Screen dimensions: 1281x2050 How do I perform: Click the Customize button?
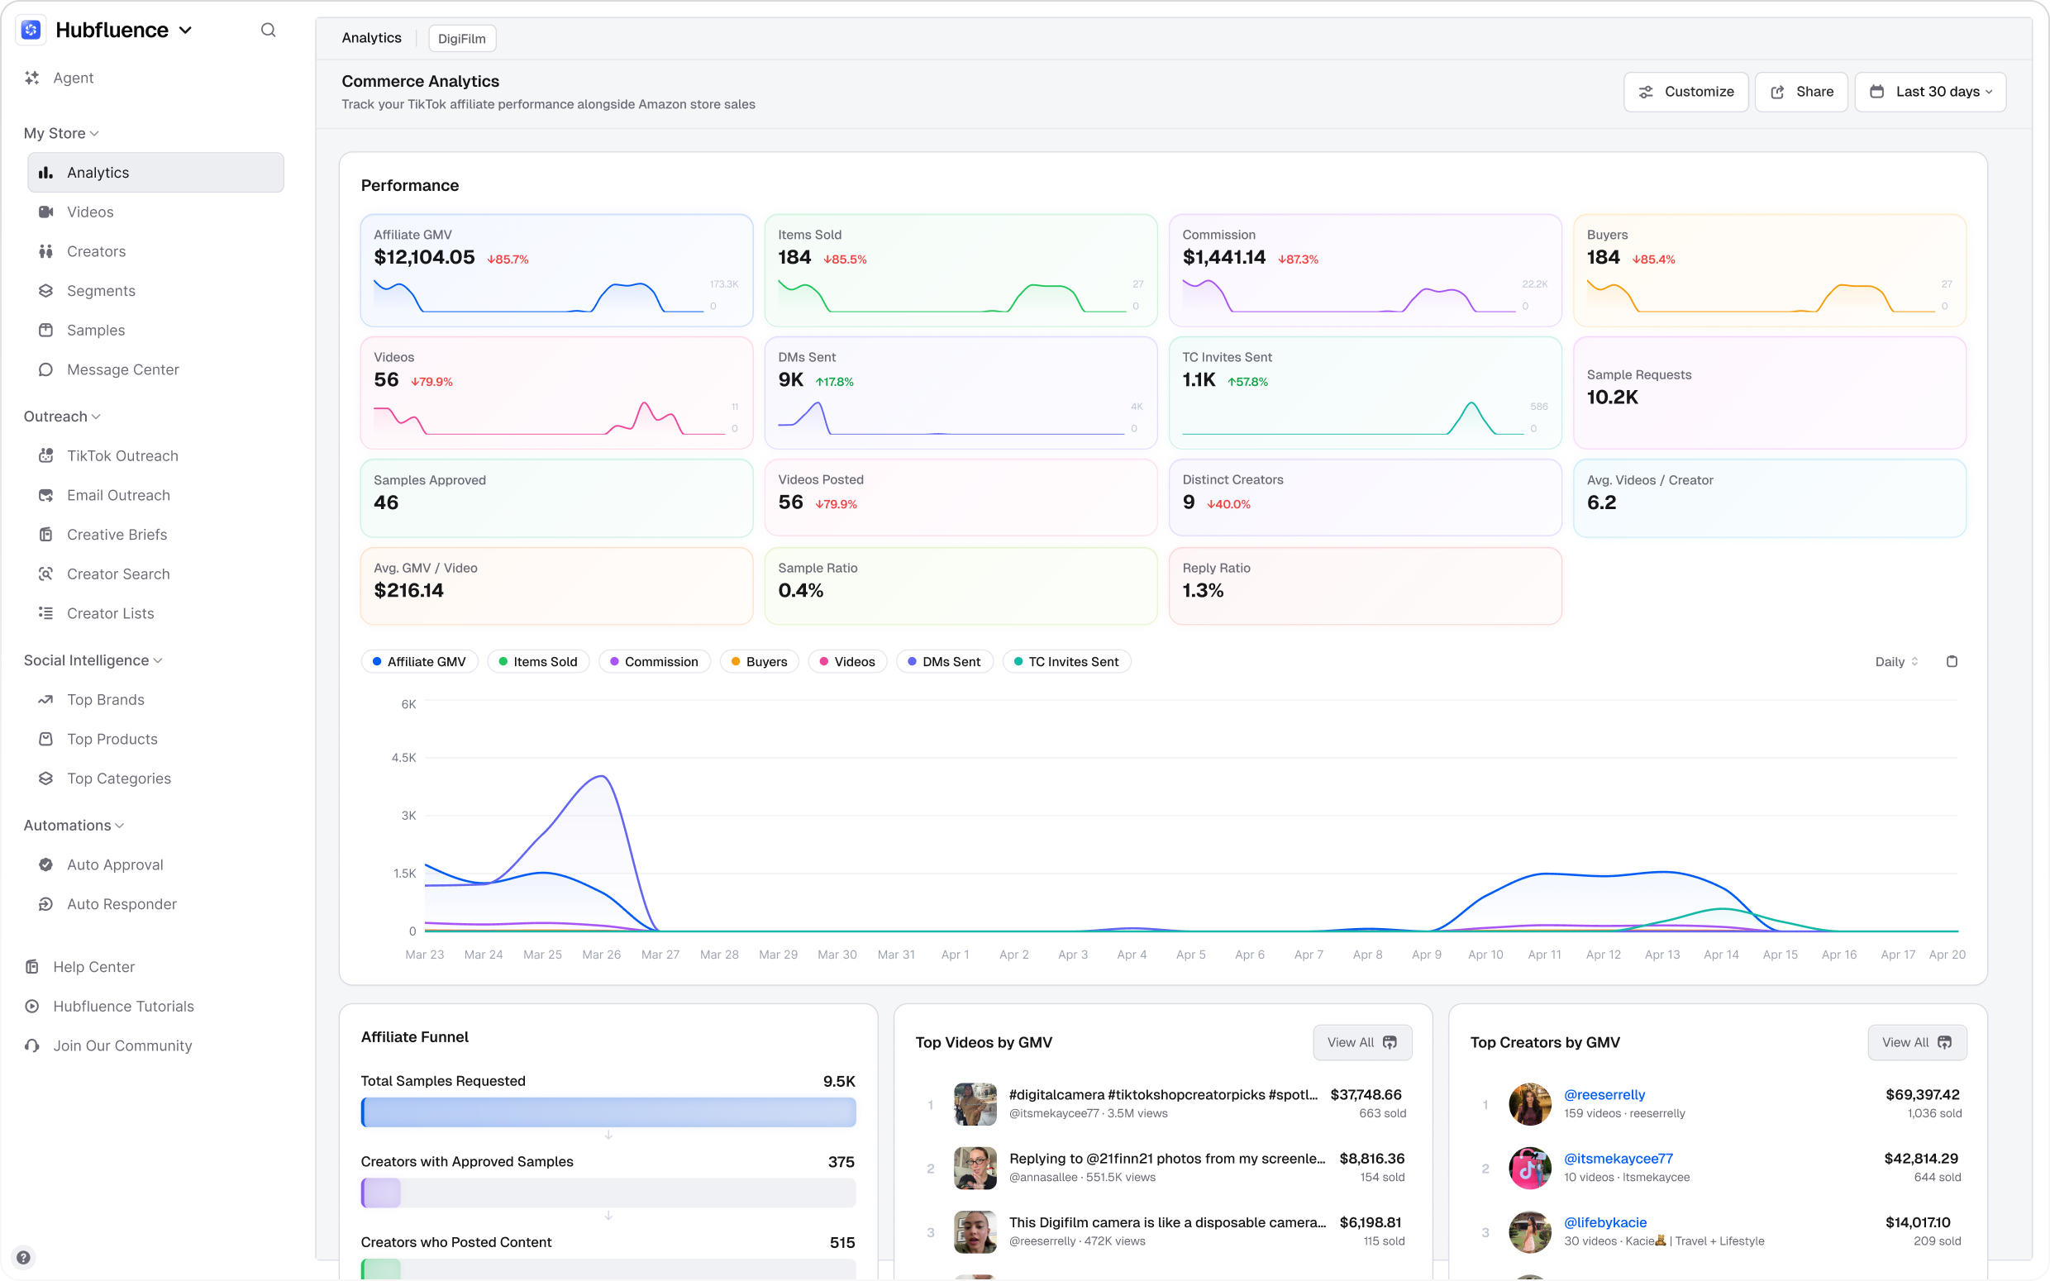tap(1685, 92)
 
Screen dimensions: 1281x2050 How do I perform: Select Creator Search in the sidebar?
tap(117, 574)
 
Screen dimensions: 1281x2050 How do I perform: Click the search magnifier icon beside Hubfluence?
tap(268, 31)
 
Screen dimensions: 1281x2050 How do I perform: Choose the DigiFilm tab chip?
tap(462, 39)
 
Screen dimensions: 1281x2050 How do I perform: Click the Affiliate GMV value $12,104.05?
tap(423, 258)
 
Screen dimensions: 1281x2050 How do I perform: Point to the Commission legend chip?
tap(654, 662)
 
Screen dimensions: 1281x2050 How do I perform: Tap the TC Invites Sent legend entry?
tap(1066, 662)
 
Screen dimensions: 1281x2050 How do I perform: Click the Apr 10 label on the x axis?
tap(1485, 954)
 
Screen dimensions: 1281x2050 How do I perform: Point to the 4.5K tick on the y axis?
tap(403, 757)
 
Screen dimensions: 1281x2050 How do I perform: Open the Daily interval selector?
tap(1895, 662)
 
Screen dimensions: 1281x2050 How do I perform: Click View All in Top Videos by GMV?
tap(1361, 1042)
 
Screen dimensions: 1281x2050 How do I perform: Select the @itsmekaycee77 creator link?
tap(1617, 1158)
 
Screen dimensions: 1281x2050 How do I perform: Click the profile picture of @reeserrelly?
tap(1529, 1103)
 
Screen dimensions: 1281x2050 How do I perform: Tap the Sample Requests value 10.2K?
tap(1612, 398)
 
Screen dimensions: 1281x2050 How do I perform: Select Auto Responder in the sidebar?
tap(122, 904)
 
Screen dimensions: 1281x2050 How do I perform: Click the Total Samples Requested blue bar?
tap(608, 1112)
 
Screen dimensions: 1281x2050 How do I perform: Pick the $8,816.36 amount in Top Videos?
tap(1371, 1158)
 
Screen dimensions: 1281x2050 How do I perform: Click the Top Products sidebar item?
tap(112, 739)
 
